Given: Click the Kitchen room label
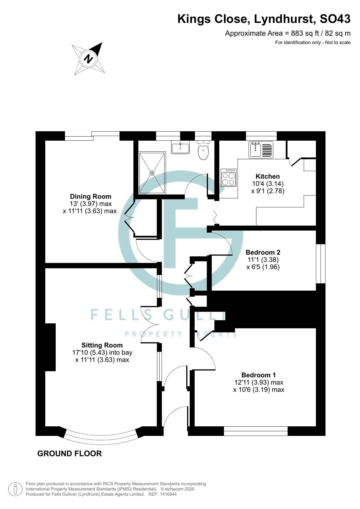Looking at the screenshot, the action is (x=267, y=176).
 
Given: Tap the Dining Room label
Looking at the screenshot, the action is (x=91, y=196).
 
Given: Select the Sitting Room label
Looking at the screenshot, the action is (x=102, y=345).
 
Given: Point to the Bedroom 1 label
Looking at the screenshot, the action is (x=258, y=375).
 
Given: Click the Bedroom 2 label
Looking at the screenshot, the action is (x=263, y=252).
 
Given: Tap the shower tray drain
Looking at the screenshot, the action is (x=152, y=173).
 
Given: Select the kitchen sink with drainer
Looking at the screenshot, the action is (x=261, y=150).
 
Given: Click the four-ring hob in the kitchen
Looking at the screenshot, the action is (x=229, y=177).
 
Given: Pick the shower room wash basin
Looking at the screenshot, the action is (x=180, y=147).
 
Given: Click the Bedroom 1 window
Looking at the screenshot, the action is (x=256, y=431).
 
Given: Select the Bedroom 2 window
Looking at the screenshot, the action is (x=321, y=264).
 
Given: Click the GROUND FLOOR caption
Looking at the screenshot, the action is (x=70, y=454).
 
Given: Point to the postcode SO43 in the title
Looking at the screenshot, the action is (x=335, y=19).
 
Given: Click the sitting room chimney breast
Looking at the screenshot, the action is (x=50, y=347).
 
